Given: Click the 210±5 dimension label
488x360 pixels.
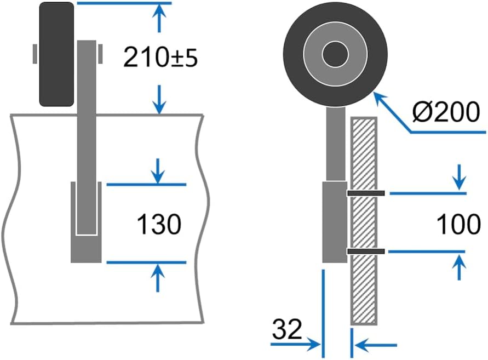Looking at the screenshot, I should click(x=159, y=56).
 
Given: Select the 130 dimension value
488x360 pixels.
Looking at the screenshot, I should click(x=159, y=224).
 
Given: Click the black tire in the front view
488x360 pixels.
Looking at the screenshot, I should click(x=56, y=54).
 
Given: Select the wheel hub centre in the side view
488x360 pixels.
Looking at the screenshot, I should click(x=335, y=54).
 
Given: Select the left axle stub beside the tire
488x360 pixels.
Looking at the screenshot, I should click(x=35, y=54).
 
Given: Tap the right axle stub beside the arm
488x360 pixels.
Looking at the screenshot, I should click(x=100, y=54).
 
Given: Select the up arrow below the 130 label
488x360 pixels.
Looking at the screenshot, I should click(x=158, y=277).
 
